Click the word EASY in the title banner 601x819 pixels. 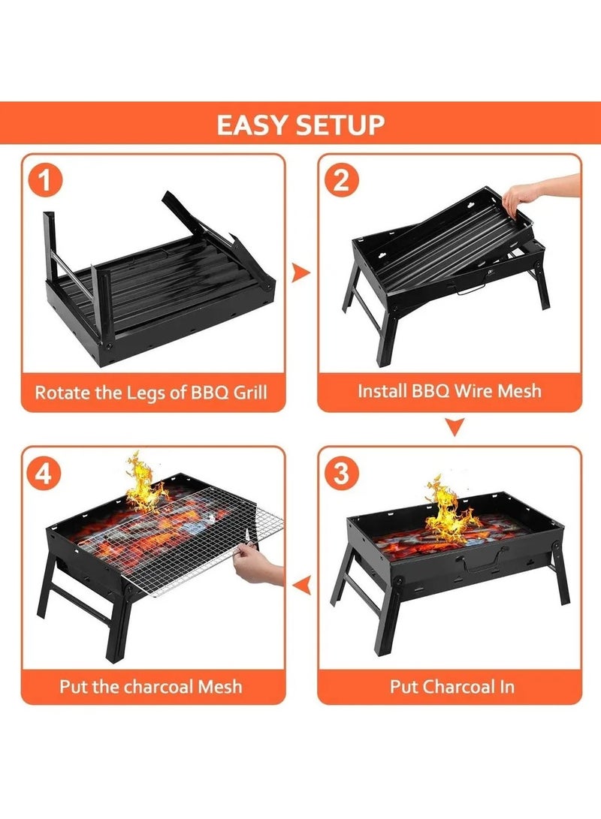point(252,125)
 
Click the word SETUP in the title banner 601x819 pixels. point(339,125)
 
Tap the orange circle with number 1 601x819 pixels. point(45,181)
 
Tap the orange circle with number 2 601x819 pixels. point(341,181)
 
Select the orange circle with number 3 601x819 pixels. point(341,473)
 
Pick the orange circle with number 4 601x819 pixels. point(45,473)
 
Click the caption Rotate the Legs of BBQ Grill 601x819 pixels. point(151,392)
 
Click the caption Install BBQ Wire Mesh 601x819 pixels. point(449,391)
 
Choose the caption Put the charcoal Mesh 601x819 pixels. point(151,685)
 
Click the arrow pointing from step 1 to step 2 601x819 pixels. point(300,272)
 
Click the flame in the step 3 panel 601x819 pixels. point(448,510)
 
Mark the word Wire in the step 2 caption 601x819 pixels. point(468,391)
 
